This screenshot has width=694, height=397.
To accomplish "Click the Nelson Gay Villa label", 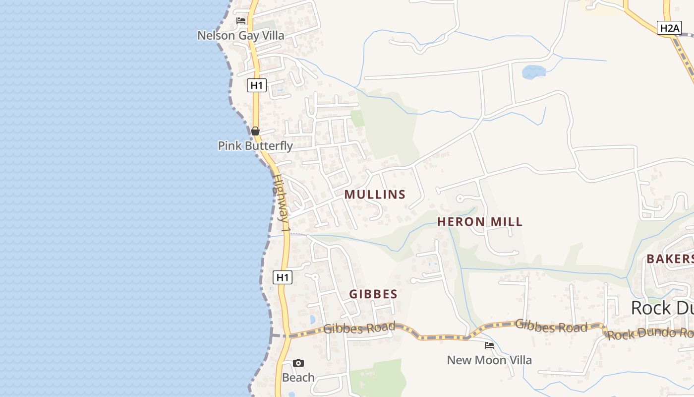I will pos(241,35).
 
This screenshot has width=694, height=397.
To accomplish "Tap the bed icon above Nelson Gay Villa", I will pos(241,21).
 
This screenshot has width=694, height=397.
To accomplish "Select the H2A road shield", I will pos(670,28).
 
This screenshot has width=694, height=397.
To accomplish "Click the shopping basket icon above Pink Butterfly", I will pos(255,131).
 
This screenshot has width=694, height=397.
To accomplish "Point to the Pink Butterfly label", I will pos(255,146).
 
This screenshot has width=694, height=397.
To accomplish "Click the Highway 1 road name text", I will pos(281,203).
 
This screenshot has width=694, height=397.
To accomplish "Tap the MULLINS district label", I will pos(375,195).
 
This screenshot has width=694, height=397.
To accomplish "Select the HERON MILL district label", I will pos(480,222).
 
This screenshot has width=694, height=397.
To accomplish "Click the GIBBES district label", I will pos(373,294).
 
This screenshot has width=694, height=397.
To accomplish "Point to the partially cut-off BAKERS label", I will pos(670,259).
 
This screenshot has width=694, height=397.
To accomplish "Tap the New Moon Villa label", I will pos(489,360).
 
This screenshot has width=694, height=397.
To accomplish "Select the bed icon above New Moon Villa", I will pos(489,345).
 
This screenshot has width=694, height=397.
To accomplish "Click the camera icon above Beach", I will pos(298,363).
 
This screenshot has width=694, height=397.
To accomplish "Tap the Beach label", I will pos(298,378).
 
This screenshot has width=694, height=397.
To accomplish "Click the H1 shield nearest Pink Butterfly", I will pos(257,85).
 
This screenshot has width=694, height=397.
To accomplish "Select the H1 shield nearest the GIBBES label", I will pos(283,277).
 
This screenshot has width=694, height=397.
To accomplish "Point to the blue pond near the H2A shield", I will pos(534,72).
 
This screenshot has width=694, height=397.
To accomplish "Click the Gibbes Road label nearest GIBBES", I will pos(359,328).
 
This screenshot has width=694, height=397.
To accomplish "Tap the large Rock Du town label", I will pos(662,308).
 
